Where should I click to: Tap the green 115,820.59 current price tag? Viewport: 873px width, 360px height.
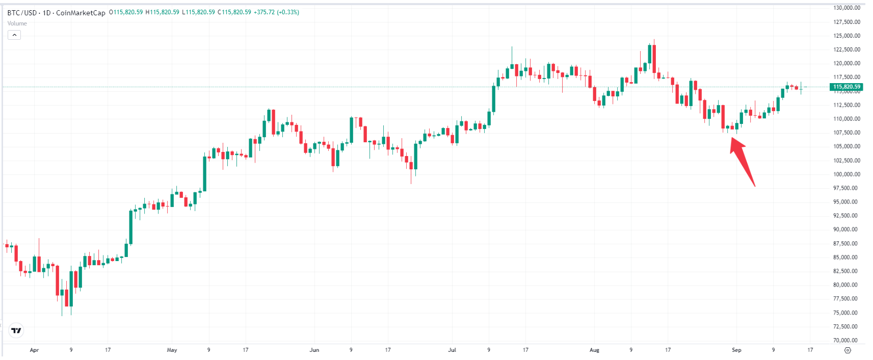pos(846,87)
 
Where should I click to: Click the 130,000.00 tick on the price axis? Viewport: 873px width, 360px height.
pos(846,8)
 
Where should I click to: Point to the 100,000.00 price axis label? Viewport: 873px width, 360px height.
pos(846,174)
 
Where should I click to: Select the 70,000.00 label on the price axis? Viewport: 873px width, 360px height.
pos(846,340)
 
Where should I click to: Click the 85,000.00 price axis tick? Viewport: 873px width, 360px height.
pos(846,258)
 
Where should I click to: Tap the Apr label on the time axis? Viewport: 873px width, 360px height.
pos(34,350)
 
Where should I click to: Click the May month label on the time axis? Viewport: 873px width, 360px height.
pos(172,350)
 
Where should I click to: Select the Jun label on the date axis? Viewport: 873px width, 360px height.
pos(314,350)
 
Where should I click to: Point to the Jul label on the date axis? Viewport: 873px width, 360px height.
pos(452,350)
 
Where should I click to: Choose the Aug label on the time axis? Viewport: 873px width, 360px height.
pos(594,350)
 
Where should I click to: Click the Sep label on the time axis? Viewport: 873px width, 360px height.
pos(736,350)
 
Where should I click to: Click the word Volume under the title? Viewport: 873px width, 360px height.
pos(17,23)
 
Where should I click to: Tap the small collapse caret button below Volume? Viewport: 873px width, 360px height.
pos(14,35)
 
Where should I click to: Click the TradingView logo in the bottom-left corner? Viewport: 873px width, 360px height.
pos(16,330)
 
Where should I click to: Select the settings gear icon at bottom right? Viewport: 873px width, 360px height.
pos(848,350)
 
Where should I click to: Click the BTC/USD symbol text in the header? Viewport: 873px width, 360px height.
pos(22,13)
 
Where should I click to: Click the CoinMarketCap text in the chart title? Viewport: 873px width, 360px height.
pos(81,13)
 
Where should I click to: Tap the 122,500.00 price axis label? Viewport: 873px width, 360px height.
pos(846,49)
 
